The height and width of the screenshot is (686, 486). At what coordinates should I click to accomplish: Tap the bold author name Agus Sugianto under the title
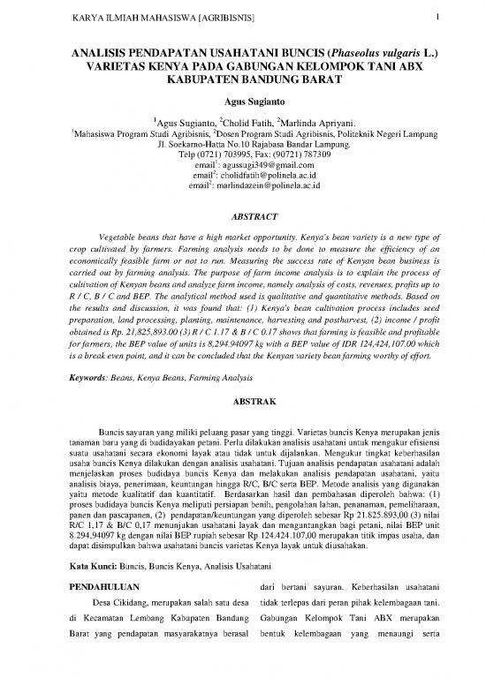click(x=242, y=100)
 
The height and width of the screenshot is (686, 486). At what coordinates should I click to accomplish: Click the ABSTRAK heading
click(x=242, y=401)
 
